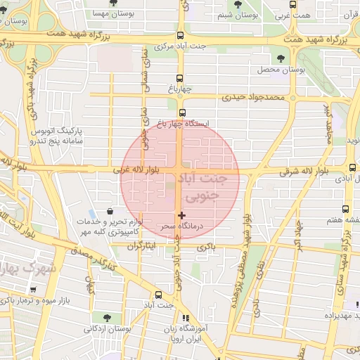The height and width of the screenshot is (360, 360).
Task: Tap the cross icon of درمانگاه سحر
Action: pyautogui.click(x=182, y=214)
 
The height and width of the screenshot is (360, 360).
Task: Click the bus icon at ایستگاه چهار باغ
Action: pyautogui.click(x=182, y=112)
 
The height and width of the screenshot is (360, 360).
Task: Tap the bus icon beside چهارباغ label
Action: pyautogui.click(x=179, y=78)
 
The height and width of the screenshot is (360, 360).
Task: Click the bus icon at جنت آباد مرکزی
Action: pyautogui.click(x=181, y=35)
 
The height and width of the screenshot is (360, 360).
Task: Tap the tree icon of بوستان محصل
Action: pyautogui.click(x=281, y=59)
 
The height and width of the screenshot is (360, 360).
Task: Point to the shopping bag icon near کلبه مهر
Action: pyautogui.click(x=110, y=211)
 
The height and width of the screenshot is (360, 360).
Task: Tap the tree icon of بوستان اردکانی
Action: pyautogui.click(x=107, y=317)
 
